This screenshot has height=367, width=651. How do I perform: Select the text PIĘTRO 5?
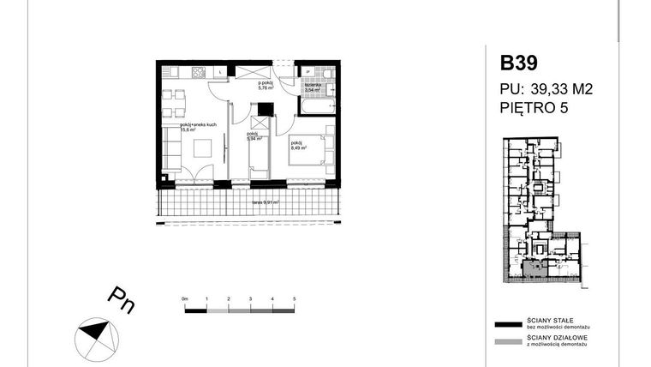pyautogui.click(x=535, y=107)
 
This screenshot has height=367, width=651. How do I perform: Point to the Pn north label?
pyautogui.click(x=121, y=300)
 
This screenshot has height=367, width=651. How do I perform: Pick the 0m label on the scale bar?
pyautogui.click(x=184, y=298)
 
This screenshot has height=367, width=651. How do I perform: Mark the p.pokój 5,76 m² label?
pyautogui.click(x=266, y=86)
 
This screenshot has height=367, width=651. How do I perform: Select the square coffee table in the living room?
pyautogui.click(x=201, y=148)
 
